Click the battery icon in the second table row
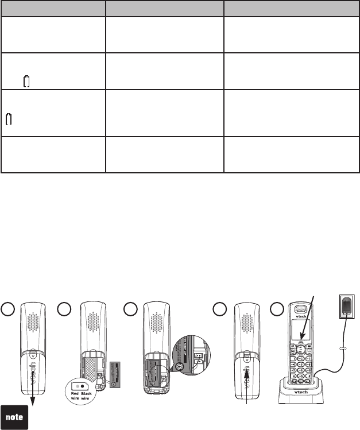[x=26, y=83]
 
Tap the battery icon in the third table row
[x=9, y=119]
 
